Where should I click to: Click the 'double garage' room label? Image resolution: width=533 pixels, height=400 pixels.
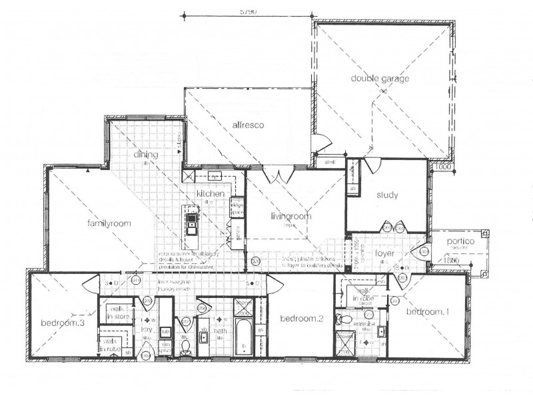pyautogui.click(x=380, y=79)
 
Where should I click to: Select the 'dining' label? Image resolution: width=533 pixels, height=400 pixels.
pyautogui.click(x=145, y=155)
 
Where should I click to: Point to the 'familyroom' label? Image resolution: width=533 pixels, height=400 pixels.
pyautogui.click(x=109, y=223)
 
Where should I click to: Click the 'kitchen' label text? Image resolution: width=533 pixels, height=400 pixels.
pyautogui.click(x=209, y=193)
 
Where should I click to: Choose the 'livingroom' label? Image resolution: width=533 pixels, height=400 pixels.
pyautogui.click(x=290, y=216)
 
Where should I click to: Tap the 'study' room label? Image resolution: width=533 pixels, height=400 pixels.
pyautogui.click(x=386, y=195)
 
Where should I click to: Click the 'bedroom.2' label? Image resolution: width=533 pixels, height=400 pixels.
pyautogui.click(x=302, y=319)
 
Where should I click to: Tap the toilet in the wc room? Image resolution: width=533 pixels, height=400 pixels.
pyautogui.click(x=187, y=345)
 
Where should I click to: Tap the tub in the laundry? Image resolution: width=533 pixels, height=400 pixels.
pyautogui.click(x=165, y=331)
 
